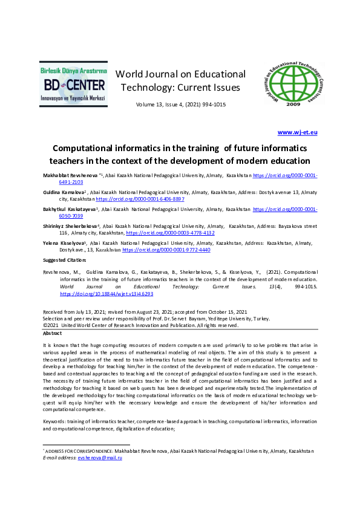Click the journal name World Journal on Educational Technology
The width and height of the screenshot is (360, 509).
[180, 80]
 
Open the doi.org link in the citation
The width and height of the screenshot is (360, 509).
[106, 293]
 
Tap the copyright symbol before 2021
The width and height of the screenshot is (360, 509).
[45, 325]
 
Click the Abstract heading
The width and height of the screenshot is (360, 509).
[52, 333]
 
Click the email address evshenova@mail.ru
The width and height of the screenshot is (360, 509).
[100, 458]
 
